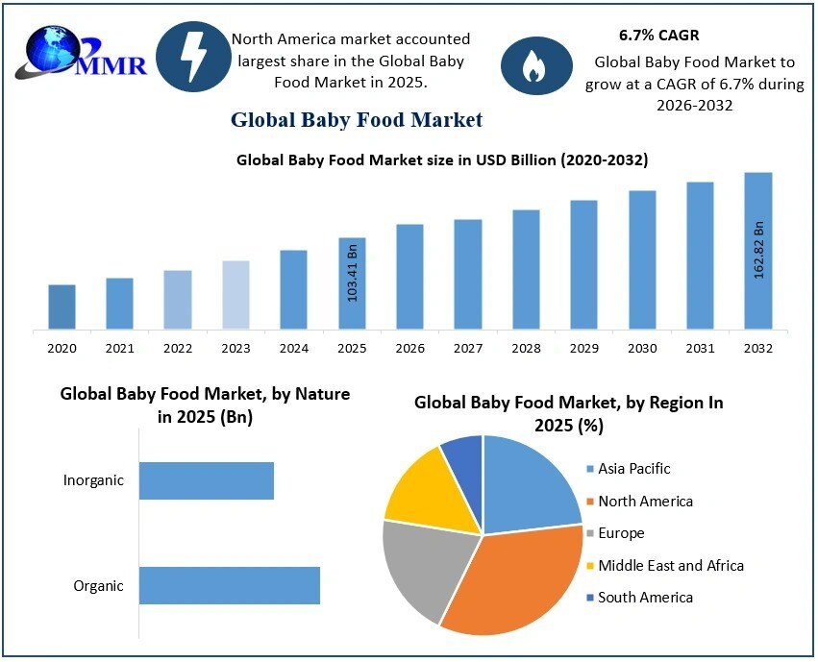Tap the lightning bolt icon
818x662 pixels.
(193, 57)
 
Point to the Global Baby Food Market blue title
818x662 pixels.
(357, 120)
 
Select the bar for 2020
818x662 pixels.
(62, 306)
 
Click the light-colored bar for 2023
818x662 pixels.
(235, 295)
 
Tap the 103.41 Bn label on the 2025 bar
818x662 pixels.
(352, 273)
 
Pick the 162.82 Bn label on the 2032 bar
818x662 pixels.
(758, 250)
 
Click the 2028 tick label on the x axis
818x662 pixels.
(526, 348)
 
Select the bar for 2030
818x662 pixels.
(642, 259)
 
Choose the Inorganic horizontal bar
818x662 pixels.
(206, 480)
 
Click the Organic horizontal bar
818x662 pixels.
(229, 585)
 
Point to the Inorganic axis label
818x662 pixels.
(93, 480)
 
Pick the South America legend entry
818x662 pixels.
(644, 598)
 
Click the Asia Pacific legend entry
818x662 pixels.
(633, 469)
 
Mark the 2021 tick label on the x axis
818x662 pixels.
(119, 348)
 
